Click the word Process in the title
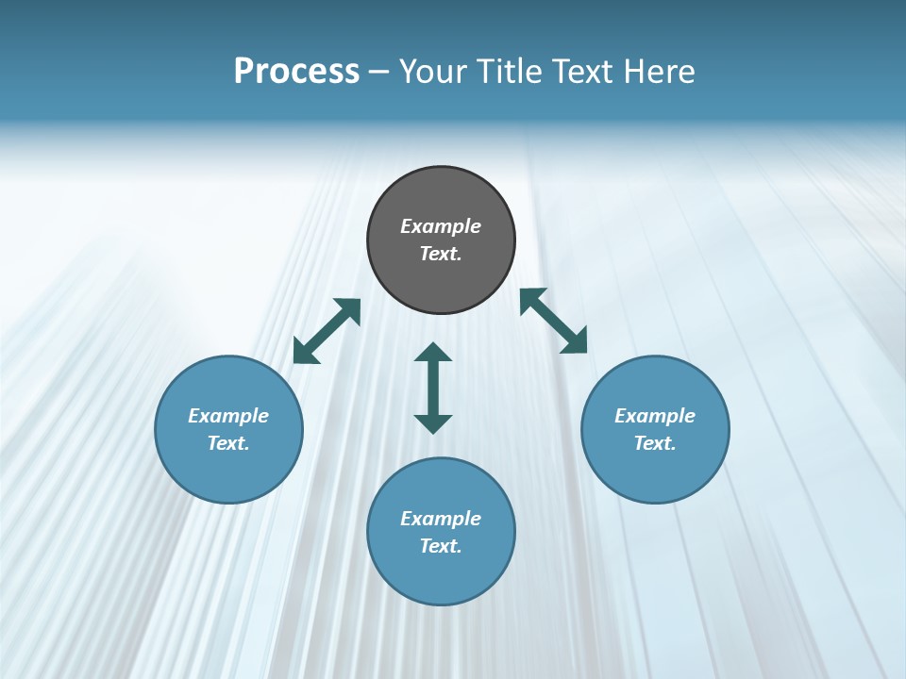point(296,72)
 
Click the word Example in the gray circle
point(441,226)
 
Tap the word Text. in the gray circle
point(441,254)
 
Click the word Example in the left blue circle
point(228,416)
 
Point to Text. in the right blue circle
point(655,443)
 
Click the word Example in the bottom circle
point(441,519)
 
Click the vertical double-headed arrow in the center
point(433,388)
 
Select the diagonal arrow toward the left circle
point(327,331)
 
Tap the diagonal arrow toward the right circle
point(554,321)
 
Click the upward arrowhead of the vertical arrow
point(433,354)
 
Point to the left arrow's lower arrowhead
point(304,353)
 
